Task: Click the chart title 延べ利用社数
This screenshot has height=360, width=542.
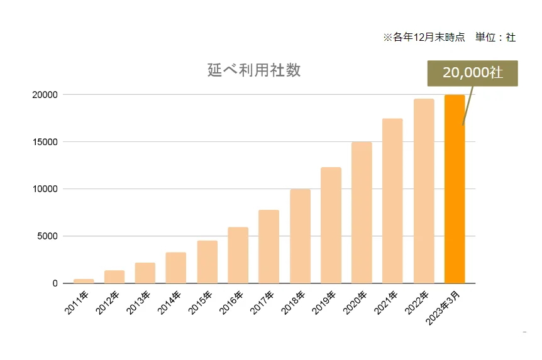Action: click(x=254, y=70)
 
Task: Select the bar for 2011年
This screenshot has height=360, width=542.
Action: click(x=83, y=281)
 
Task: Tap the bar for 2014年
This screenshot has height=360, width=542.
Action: click(x=176, y=268)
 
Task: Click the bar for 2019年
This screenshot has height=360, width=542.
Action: click(x=331, y=225)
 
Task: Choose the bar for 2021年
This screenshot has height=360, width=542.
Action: click(x=392, y=201)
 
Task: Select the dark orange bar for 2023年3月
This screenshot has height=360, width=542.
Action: click(x=455, y=188)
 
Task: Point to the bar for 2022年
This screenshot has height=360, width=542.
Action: click(x=424, y=191)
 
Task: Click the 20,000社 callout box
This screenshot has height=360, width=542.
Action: click(x=472, y=73)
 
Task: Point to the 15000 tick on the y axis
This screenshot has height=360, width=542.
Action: click(x=47, y=142)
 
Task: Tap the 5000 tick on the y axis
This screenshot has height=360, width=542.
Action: click(x=49, y=236)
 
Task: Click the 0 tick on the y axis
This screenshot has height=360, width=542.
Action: click(x=55, y=283)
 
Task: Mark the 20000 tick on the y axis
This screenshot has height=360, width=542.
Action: click(x=47, y=95)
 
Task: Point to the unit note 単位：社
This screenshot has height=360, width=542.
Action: click(x=495, y=38)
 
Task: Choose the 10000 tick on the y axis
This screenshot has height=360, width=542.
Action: click(x=47, y=189)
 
